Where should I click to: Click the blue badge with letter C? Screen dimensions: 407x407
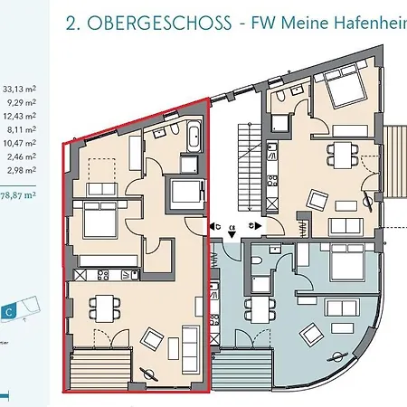coord(9,311)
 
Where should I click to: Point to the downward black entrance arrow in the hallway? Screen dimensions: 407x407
coord(234,236)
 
